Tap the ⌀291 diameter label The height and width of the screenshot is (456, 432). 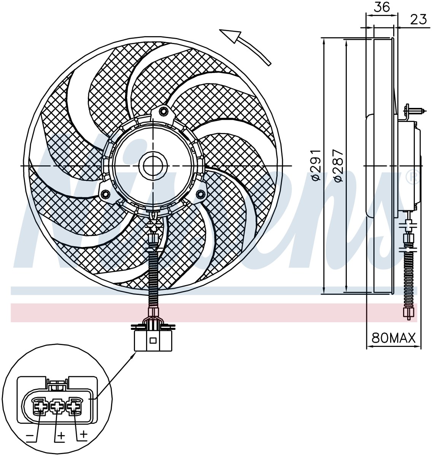(x=316, y=165)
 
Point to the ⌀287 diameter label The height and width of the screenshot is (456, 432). (x=338, y=165)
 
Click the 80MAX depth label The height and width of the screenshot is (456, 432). (x=393, y=339)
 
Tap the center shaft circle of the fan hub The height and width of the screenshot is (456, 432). (x=153, y=166)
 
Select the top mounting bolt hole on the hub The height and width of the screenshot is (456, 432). (x=164, y=111)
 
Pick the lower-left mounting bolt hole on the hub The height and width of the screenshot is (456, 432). (x=106, y=194)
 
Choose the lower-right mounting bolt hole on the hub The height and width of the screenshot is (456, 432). (x=200, y=194)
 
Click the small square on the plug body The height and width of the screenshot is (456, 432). (x=153, y=341)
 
